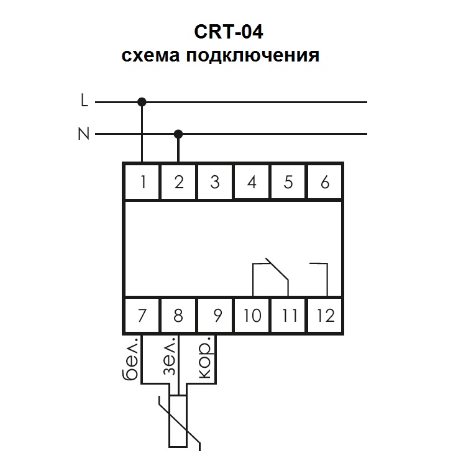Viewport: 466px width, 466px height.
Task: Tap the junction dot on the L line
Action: coord(142,101)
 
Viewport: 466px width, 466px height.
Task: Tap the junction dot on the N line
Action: coord(179,134)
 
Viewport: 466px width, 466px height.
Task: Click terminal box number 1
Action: coord(142,182)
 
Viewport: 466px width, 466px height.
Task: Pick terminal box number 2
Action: coord(179,182)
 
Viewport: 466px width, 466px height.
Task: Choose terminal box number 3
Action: coord(215,182)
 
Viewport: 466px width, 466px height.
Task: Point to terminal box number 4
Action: coord(252,182)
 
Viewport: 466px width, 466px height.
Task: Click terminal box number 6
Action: coord(324,182)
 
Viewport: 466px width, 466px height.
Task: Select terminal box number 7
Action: coord(142,315)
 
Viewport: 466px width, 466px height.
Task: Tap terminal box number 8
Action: coord(179,315)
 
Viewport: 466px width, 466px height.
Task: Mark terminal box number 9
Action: coord(215,315)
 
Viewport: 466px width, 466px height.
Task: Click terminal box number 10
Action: coord(252,315)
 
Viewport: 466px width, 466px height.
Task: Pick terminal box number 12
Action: coord(324,315)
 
